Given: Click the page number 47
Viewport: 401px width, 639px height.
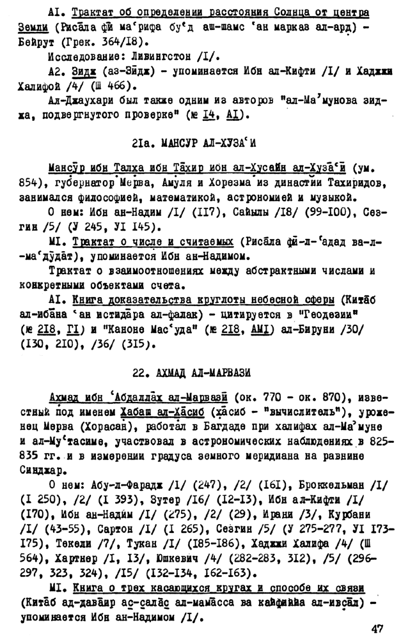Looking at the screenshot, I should click(377, 628).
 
